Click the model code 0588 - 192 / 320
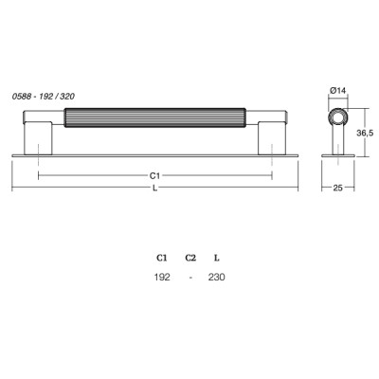click(x=44, y=97)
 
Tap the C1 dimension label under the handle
click(x=154, y=175)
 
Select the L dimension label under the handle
click(x=154, y=189)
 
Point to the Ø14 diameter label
click(x=337, y=91)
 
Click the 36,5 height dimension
click(x=365, y=133)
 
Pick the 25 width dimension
click(x=337, y=188)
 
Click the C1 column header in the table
click(x=161, y=258)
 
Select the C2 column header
click(x=190, y=258)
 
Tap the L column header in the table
click(x=216, y=258)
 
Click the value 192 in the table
click(x=162, y=277)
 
